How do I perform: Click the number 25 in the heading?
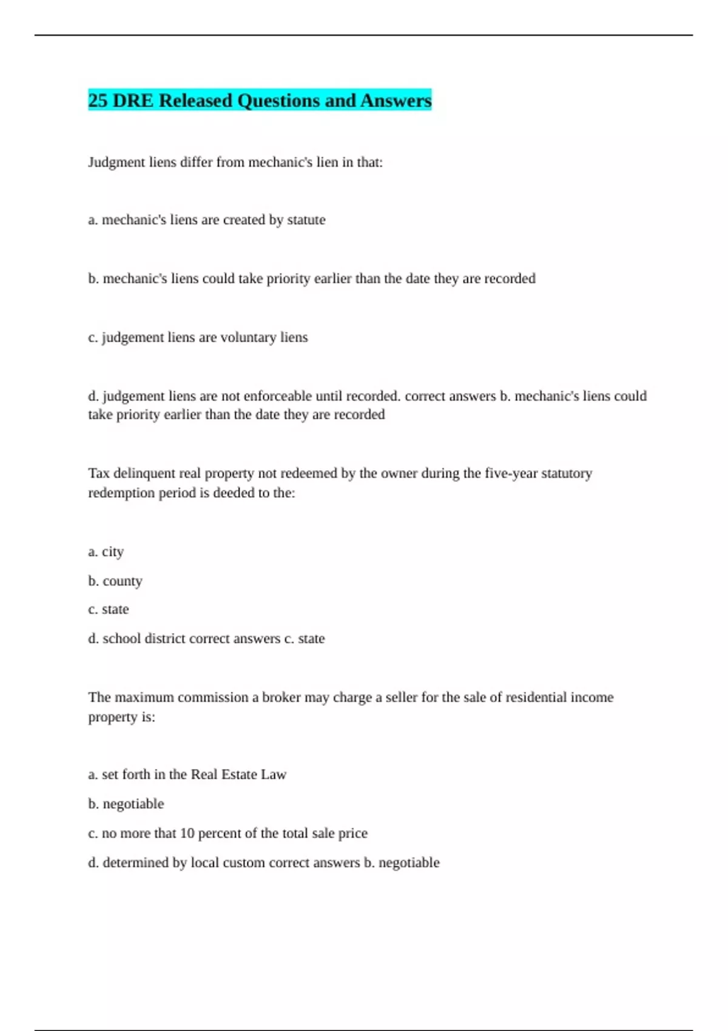98,100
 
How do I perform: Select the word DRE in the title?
133,100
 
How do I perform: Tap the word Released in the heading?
195,100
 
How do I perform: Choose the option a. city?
106,552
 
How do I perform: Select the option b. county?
115,581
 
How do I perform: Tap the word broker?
281,697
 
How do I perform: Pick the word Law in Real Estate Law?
274,774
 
